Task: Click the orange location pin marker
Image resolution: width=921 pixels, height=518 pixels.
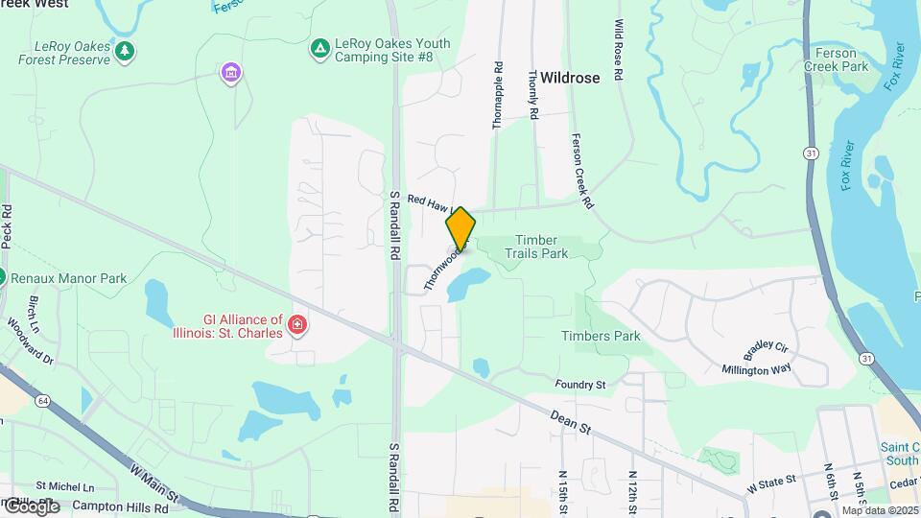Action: tap(460, 229)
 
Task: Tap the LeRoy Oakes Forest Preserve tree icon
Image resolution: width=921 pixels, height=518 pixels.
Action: tap(124, 50)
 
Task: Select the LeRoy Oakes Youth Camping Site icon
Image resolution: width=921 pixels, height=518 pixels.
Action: tap(319, 46)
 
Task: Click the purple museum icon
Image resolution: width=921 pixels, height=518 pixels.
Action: tap(229, 72)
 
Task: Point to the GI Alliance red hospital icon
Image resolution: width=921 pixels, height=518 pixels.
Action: tap(297, 326)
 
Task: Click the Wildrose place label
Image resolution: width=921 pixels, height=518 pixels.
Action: tap(569, 78)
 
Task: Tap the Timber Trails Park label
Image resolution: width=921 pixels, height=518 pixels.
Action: tap(541, 247)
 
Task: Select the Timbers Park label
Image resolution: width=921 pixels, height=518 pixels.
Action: tap(601, 336)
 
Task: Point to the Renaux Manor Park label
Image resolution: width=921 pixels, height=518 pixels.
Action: tap(70, 278)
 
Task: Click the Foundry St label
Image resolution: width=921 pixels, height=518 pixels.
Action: tap(580, 385)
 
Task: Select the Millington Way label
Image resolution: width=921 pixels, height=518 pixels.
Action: tap(757, 368)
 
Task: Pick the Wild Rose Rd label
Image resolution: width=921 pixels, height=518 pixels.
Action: tap(620, 50)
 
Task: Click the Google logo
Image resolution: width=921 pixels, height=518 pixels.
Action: tap(31, 506)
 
